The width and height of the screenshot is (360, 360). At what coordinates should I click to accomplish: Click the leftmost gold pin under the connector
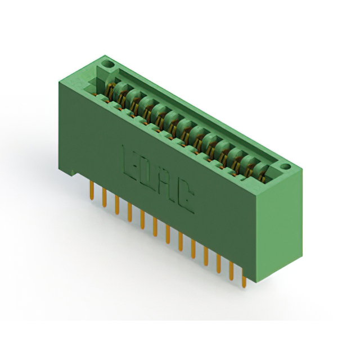point(92,190)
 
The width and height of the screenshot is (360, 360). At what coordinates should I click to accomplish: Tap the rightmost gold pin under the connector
point(244,278)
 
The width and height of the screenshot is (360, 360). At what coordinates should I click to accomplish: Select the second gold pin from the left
point(105,197)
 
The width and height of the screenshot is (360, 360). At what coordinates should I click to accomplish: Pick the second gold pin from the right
point(231,271)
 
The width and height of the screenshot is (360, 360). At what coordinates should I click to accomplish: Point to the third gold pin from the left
point(117,205)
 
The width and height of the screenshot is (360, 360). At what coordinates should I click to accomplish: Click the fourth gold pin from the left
point(130,212)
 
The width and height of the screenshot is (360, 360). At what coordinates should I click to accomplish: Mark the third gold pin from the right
point(219,264)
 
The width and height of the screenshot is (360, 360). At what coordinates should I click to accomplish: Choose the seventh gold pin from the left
point(168,235)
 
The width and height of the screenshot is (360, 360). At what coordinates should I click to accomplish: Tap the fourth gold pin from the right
point(206,256)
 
